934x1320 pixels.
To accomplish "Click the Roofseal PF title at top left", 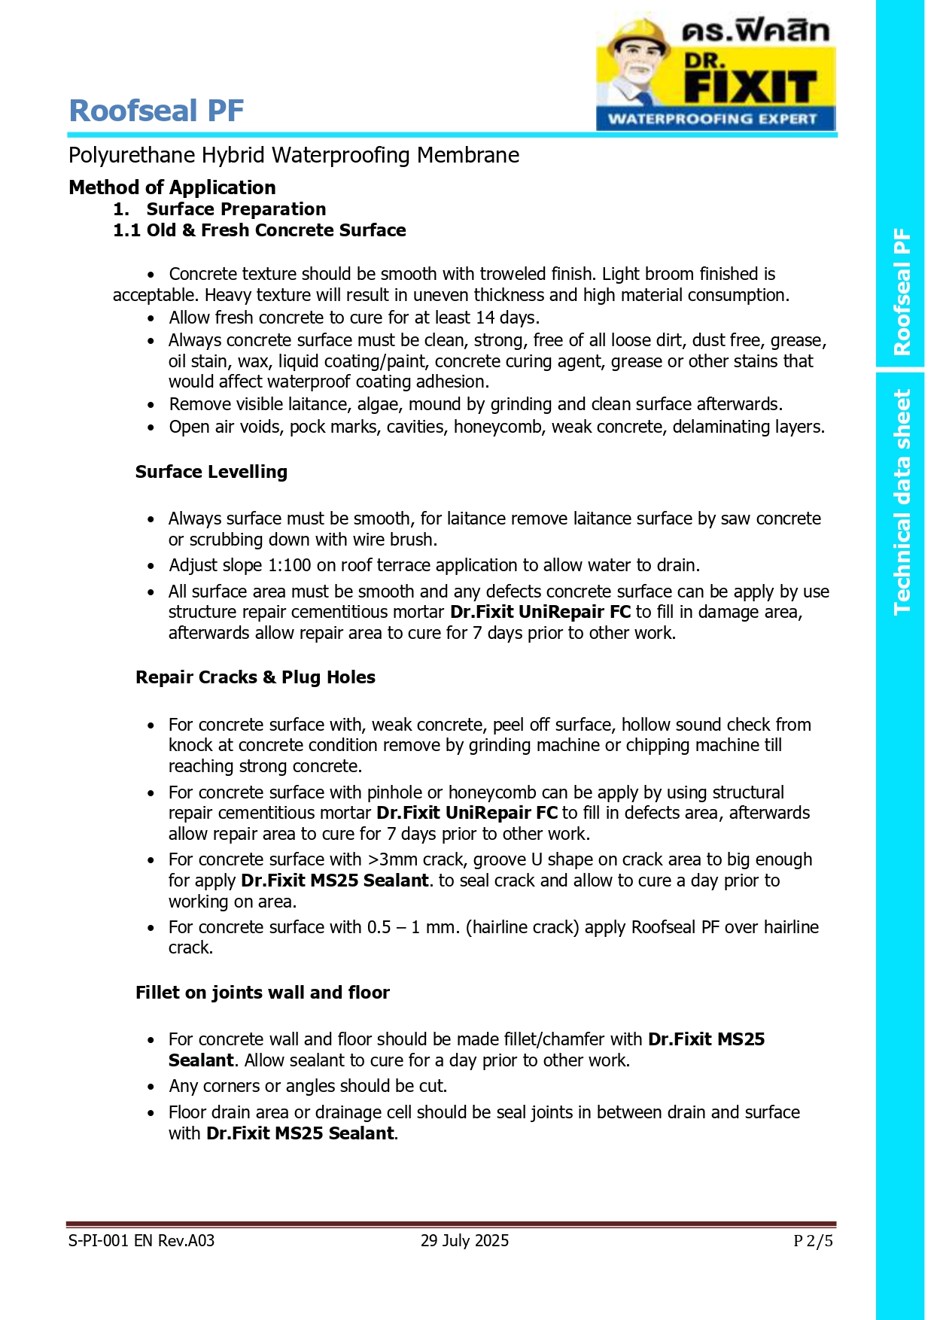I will coord(157,111).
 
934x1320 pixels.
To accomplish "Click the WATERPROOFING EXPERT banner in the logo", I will coord(712,119).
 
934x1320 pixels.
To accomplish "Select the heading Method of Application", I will coord(172,187).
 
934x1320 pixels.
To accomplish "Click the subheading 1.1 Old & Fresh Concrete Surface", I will coord(259,230).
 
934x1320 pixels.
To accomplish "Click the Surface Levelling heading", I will coord(211,472).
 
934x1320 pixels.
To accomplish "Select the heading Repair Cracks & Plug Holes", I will coord(255,677).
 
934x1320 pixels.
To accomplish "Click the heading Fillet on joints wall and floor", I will coord(262,993).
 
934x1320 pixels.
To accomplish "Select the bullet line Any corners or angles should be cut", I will coord(308,1086).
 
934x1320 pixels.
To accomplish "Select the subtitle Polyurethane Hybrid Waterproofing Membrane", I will coord(294,155).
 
